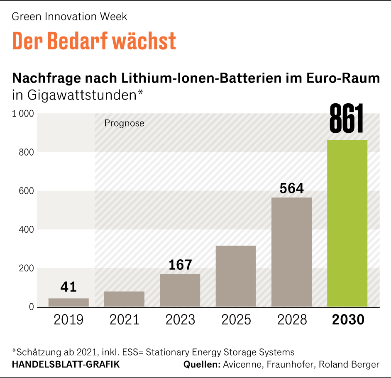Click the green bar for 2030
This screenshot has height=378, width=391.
(x=347, y=224)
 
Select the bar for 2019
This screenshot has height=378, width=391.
(x=68, y=302)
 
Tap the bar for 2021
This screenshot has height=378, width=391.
(x=124, y=299)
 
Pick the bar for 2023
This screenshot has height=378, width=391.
(x=180, y=290)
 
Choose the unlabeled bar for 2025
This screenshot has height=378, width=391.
(x=236, y=276)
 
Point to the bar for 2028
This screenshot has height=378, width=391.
(x=291, y=252)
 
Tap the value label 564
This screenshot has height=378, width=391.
(x=291, y=188)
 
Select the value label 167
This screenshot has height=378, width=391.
(x=180, y=265)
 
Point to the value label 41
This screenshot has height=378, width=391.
(x=68, y=287)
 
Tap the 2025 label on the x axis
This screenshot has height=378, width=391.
(x=236, y=320)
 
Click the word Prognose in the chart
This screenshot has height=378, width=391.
(x=124, y=123)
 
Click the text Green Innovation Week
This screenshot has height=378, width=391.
(x=69, y=17)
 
